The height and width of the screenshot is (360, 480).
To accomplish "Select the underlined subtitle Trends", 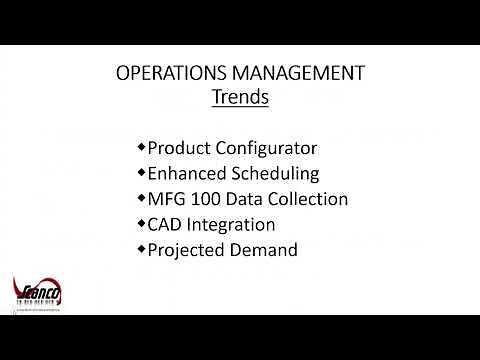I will click(x=240, y=98).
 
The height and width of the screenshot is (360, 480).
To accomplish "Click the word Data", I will click(x=244, y=199).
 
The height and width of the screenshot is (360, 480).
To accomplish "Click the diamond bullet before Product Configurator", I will click(x=141, y=147).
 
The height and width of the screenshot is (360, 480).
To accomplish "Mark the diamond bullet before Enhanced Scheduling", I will click(x=141, y=172).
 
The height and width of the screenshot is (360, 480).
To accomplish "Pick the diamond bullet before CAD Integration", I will click(x=141, y=223).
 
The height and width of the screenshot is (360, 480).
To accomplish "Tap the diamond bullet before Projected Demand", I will click(x=141, y=248).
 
